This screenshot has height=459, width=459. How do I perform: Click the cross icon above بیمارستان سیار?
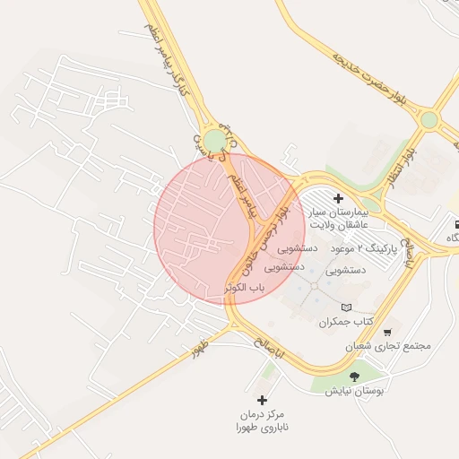pos(338,198)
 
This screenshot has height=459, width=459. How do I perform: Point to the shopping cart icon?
pos(387,332)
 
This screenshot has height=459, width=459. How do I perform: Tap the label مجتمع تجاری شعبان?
pos(387,346)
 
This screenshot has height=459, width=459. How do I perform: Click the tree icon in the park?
pos(354,377)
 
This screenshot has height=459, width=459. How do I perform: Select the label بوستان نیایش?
pos(353,391)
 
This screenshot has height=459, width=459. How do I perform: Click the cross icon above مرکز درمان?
pos(262,400)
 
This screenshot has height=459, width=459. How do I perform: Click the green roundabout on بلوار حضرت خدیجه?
pos(429,118)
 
